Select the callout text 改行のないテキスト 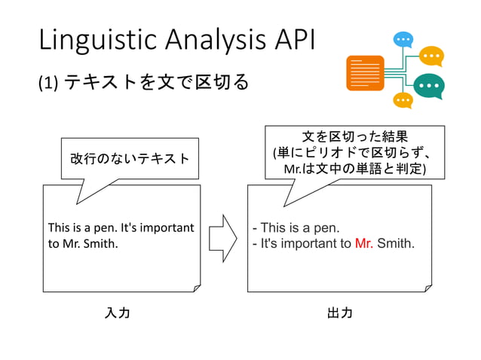pos(130,158)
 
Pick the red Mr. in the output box pos(363,243)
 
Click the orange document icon pos(365,73)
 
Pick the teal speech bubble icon pos(429,86)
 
